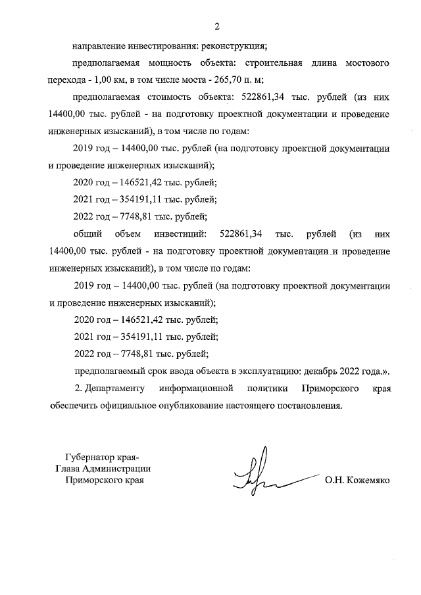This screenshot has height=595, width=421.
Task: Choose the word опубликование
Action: (x=182, y=405)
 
